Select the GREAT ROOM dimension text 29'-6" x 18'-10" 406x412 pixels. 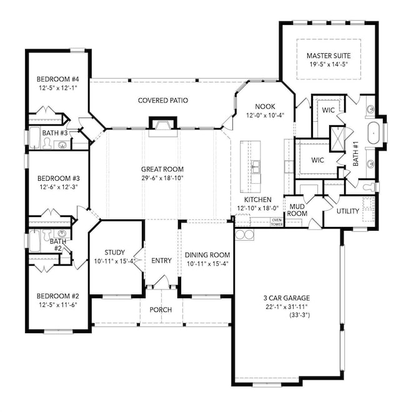pos(162,178)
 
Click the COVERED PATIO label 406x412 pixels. pos(163,100)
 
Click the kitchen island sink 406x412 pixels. pos(255,166)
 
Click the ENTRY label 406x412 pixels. pos(162,261)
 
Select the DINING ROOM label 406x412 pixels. pos(207,254)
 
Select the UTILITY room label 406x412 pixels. pos(348,211)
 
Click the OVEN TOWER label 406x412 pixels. pos(276,221)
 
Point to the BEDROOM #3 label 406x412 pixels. pos(57,178)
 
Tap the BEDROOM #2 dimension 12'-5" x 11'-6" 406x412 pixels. pos(57,304)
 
